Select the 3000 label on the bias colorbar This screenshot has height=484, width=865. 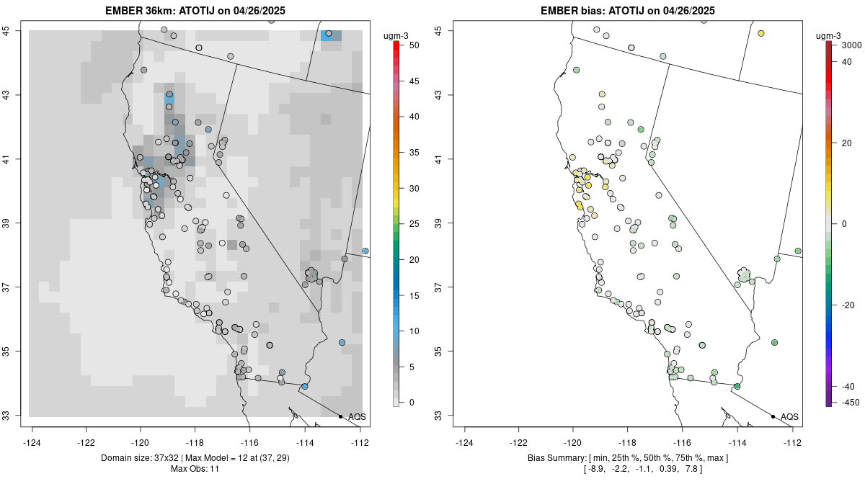pos(851,45)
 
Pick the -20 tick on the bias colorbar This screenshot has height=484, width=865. pos(848,305)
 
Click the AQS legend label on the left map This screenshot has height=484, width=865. pos(357,416)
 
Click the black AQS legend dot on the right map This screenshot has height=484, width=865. pos(773,416)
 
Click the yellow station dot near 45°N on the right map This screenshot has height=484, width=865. pos(761,33)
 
